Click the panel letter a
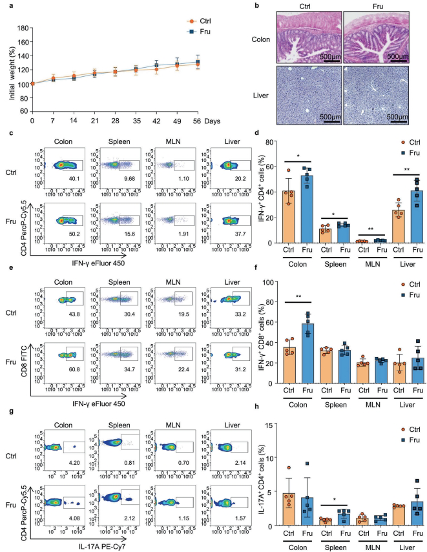(8, 5)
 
